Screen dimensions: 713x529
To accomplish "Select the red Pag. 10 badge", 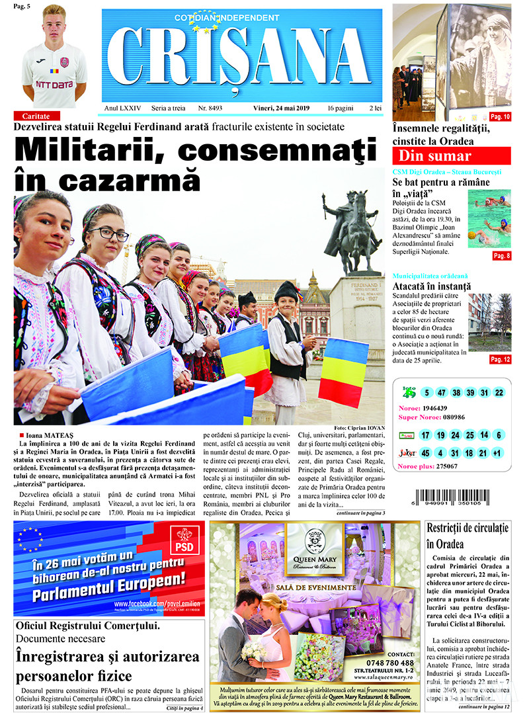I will click(x=499, y=117).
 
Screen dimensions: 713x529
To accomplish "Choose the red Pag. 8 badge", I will click(x=501, y=255).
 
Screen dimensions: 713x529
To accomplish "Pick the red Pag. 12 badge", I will click(x=500, y=359).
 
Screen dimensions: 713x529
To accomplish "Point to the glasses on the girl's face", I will click(x=109, y=233).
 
